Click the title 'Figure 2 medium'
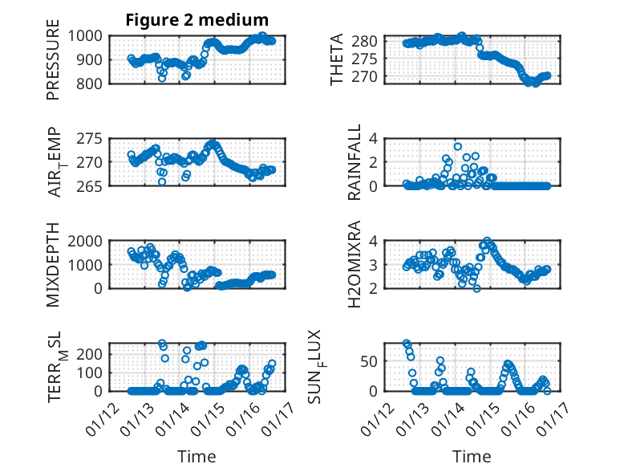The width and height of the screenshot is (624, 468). coord(197,20)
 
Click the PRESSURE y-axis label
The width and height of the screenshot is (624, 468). coord(53,65)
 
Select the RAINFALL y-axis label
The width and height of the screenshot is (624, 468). coord(354,162)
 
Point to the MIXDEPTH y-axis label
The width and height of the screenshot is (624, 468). coord(53,263)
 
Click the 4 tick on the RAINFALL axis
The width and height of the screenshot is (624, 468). coord(373,138)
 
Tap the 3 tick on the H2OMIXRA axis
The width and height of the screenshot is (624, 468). coord(373,264)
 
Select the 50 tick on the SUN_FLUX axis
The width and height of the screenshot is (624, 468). coord(369,360)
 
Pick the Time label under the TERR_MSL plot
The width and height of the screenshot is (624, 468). coord(197,457)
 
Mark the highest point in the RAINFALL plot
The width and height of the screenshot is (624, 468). coord(457,146)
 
